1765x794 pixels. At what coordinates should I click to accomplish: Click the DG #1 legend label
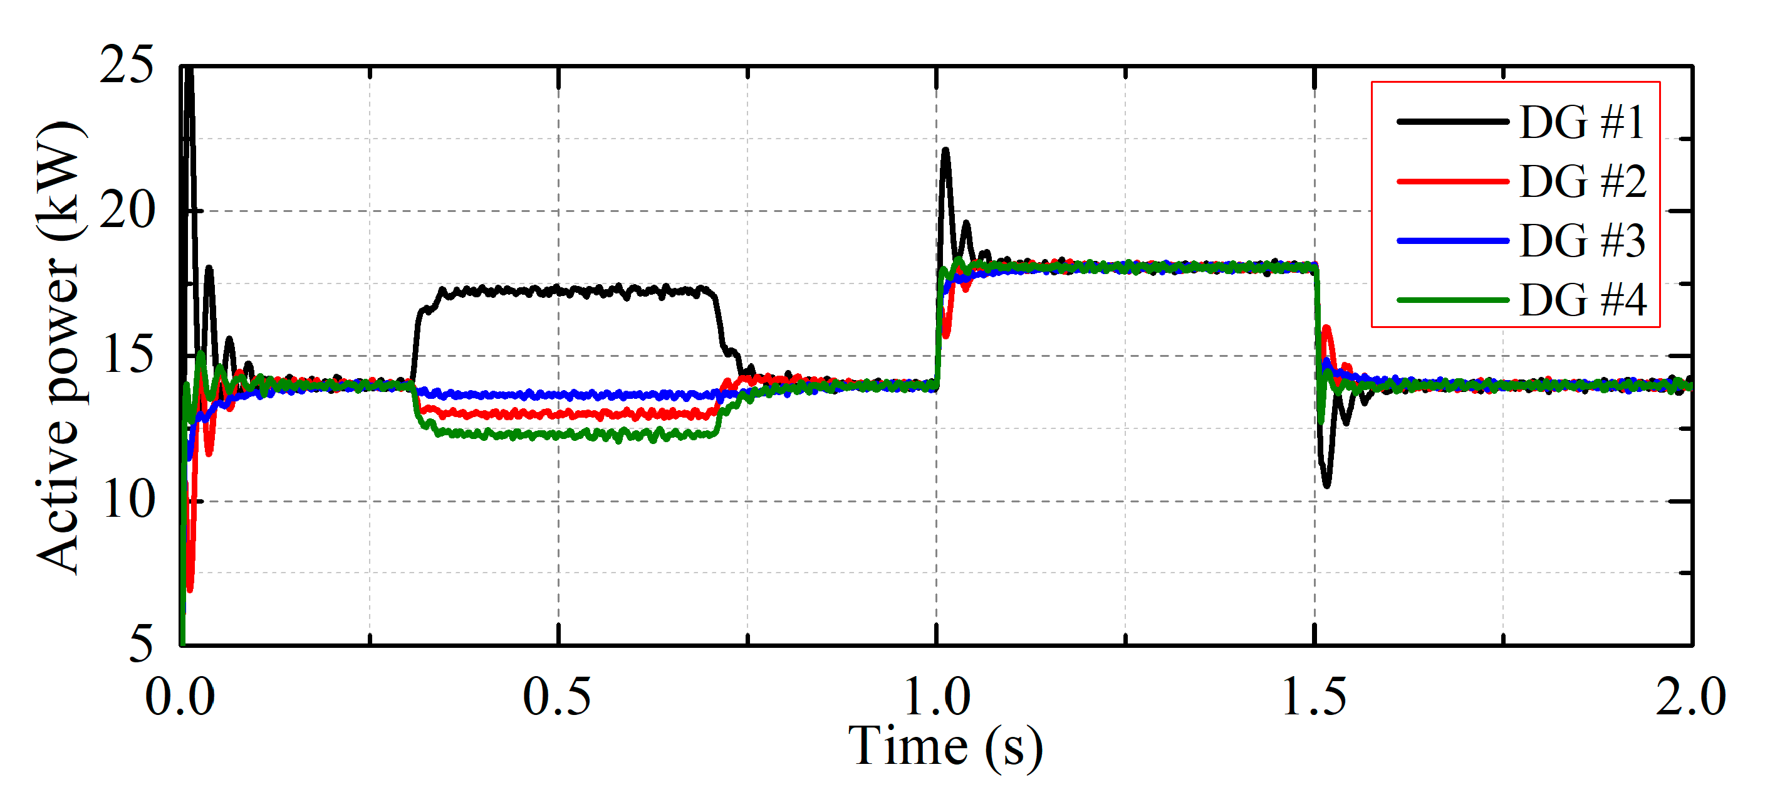[1581, 123]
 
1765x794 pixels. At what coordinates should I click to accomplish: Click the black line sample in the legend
[1452, 122]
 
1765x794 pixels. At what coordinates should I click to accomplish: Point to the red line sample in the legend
[1452, 182]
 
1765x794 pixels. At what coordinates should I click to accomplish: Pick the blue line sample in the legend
[1452, 241]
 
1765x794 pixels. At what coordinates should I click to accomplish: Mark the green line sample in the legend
[1452, 300]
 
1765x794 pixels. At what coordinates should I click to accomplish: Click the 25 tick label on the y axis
[127, 66]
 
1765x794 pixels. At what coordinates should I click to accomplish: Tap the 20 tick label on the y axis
[127, 211]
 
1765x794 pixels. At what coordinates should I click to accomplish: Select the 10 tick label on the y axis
[127, 500]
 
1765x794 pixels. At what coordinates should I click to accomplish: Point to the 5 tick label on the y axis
[140, 645]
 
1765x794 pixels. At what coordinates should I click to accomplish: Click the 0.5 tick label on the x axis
[557, 697]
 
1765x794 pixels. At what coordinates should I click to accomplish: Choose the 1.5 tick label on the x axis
[1313, 697]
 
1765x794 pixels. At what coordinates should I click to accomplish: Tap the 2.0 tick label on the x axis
[1690, 697]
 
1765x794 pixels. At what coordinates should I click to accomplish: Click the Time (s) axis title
[945, 747]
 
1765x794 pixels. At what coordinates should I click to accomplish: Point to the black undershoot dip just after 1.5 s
[1327, 485]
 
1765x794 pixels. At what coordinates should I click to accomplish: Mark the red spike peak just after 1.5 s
[1327, 329]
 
